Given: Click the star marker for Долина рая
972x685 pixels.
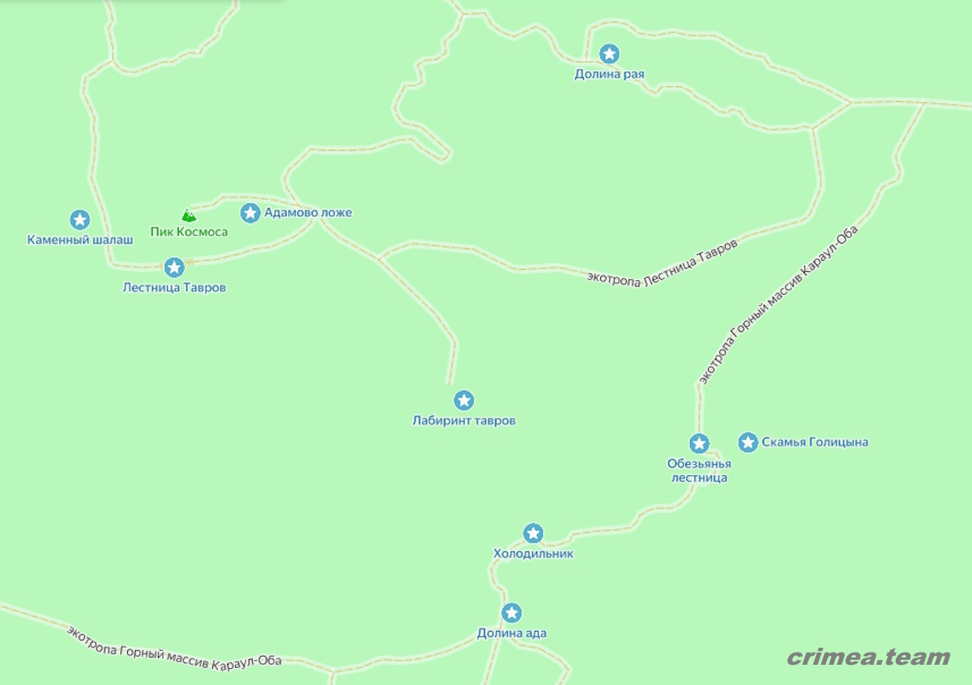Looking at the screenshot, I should click(x=609, y=54).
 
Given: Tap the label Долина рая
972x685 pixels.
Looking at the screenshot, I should click(x=609, y=74).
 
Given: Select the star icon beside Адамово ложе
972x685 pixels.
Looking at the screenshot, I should click(x=250, y=213).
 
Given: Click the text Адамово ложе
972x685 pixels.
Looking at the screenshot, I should click(x=308, y=213).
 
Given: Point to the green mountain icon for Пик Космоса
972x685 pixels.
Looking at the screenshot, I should click(x=189, y=215).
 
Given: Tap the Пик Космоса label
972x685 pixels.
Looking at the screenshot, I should click(x=189, y=232).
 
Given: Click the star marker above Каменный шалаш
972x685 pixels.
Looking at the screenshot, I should click(x=79, y=219).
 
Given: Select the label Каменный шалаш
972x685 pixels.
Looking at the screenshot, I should click(x=79, y=240).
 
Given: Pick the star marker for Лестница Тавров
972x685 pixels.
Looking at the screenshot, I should click(x=174, y=267).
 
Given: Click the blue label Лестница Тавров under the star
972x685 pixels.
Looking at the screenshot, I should click(x=174, y=287).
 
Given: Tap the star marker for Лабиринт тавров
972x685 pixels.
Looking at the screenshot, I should click(x=463, y=400).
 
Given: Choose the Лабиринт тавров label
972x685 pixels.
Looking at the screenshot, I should click(x=463, y=421).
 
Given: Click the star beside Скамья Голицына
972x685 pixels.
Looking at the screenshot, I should click(x=748, y=442).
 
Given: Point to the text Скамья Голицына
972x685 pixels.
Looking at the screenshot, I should click(x=815, y=442).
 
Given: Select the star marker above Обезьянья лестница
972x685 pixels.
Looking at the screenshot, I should click(x=699, y=444).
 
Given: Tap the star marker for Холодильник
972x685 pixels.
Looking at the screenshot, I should click(x=533, y=534).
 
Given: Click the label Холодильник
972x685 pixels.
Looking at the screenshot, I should click(x=533, y=554).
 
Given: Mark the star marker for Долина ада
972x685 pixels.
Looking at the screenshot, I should click(x=511, y=613).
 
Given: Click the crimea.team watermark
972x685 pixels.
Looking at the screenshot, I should click(x=868, y=657).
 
